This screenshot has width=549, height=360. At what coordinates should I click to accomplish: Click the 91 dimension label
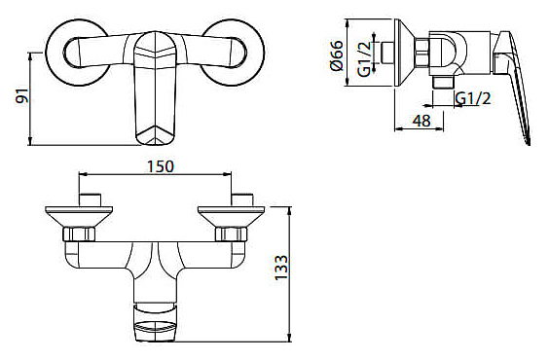pyautogui.click(x=22, y=96)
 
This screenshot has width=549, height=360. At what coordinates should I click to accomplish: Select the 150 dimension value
pyautogui.click(x=160, y=166)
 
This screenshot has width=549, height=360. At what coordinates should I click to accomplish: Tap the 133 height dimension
pyautogui.click(x=281, y=268)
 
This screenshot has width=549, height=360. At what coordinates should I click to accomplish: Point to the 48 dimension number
pyautogui.click(x=421, y=121)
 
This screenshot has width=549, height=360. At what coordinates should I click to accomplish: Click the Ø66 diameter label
pyautogui.click(x=337, y=55)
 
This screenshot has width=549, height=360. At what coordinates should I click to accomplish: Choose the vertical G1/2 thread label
pyautogui.click(x=364, y=59)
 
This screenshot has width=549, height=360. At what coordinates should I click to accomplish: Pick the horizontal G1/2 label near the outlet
pyautogui.click(x=473, y=98)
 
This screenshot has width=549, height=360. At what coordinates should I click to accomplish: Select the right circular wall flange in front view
pyautogui.click(x=232, y=53)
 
